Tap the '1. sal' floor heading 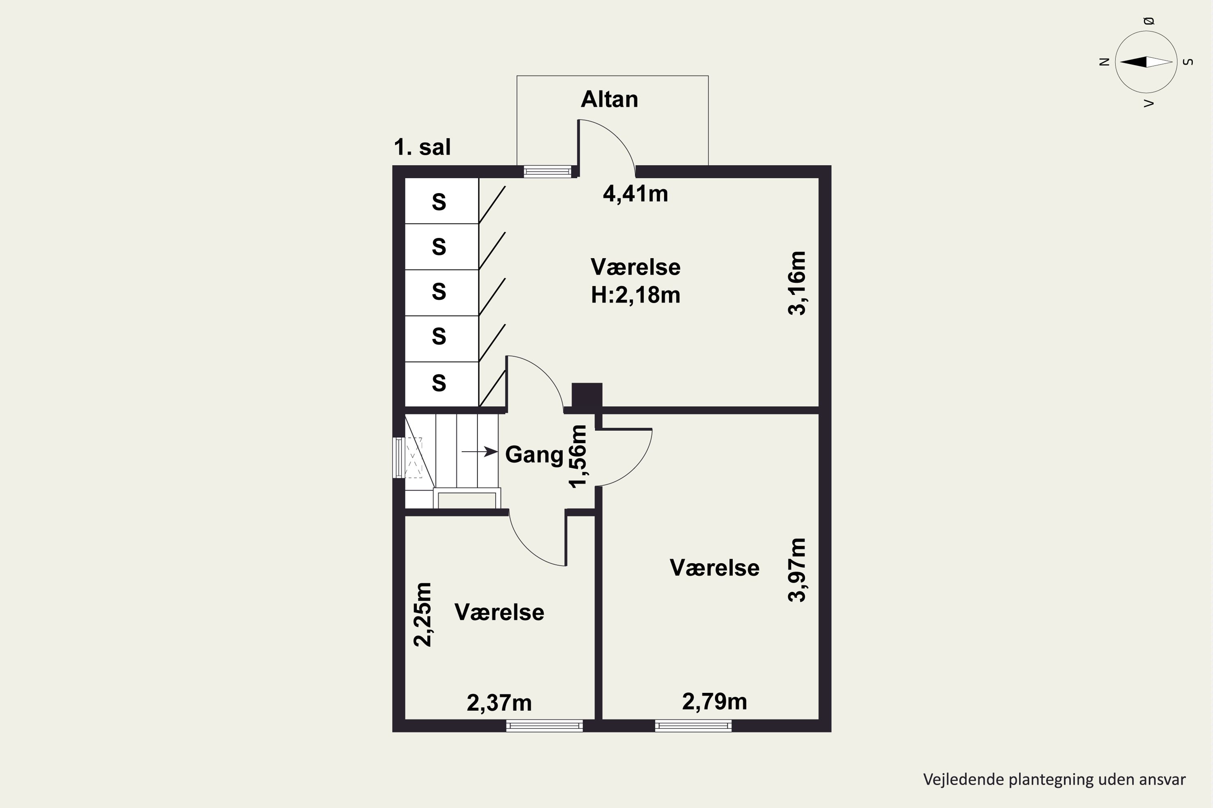coord(422,147)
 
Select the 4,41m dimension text coord(635,194)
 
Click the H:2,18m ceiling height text coord(635,295)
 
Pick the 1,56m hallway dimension coord(578,456)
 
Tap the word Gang coord(534,455)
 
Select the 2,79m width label coord(714,702)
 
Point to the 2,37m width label coord(499,703)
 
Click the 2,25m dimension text coord(423,614)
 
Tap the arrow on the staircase coord(480,452)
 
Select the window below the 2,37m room coord(544,726)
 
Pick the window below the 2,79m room coord(693,726)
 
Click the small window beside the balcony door coord(548,172)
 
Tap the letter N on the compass coord(1104,62)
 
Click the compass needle coord(1146,62)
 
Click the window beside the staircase coord(399,458)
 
